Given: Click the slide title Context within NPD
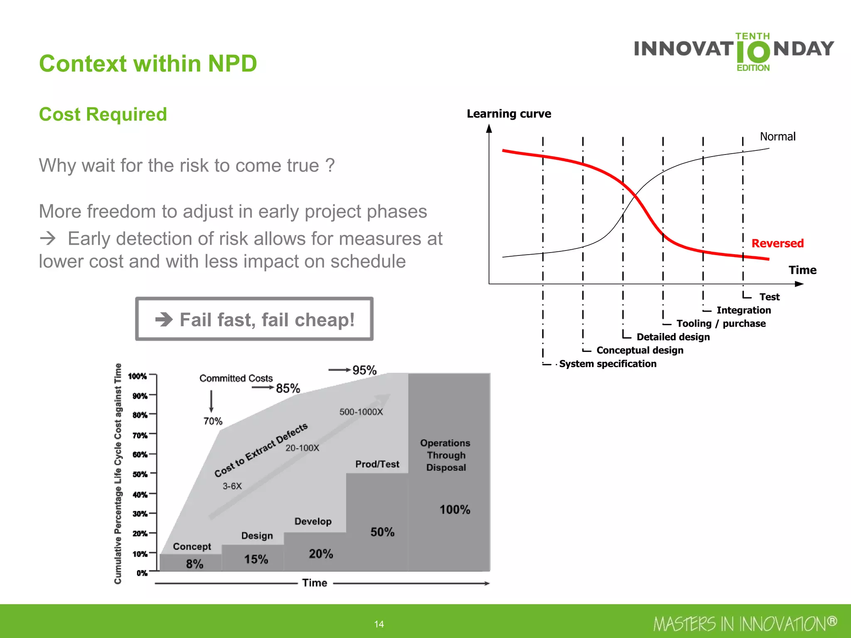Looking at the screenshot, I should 148,64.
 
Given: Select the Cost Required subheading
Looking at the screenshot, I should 103,114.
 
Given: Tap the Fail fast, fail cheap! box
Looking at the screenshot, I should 254,319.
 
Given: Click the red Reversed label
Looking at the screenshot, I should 777,243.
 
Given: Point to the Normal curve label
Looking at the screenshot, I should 777,136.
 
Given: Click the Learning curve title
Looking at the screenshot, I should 509,113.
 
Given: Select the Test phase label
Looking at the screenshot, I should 769,297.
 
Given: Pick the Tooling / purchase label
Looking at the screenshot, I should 721,323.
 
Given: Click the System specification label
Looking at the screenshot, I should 608,363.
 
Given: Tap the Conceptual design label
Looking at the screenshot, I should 639,350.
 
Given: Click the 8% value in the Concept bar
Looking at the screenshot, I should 194,564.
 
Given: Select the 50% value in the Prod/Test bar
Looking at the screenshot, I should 382,532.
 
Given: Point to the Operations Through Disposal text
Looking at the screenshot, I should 445,455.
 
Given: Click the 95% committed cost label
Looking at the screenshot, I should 364,370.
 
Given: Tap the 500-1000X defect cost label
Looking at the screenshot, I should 361,412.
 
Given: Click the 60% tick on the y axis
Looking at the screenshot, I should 140,454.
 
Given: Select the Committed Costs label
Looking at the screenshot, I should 236,378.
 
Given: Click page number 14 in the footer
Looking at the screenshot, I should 379,624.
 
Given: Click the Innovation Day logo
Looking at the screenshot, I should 734,52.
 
